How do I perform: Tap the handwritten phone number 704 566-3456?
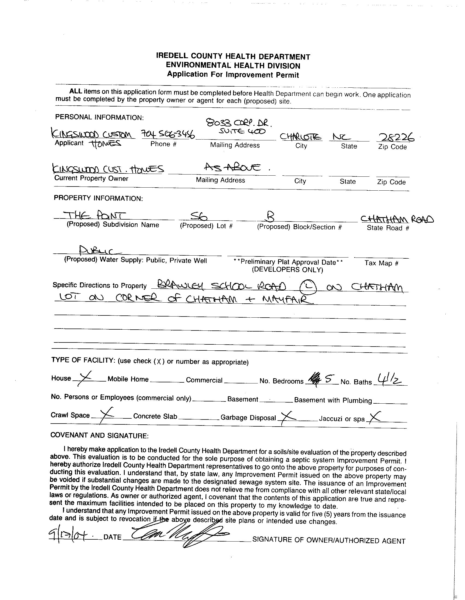click(x=168, y=135)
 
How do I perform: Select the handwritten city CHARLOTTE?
click(x=301, y=137)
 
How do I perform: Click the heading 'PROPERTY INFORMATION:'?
click(x=98, y=198)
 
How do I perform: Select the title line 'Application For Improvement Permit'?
click(x=233, y=75)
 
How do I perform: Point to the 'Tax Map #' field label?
click(x=381, y=263)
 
